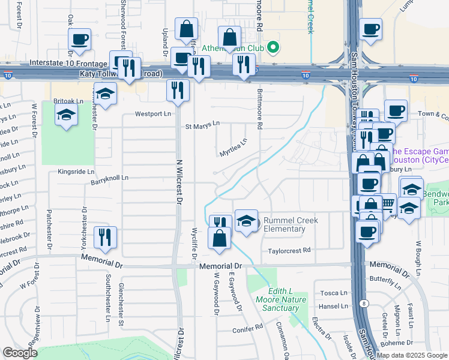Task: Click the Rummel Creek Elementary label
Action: [291, 224]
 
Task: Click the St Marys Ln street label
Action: [202, 126]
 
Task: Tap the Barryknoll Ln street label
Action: [109, 178]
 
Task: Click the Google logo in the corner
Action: [20, 353]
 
